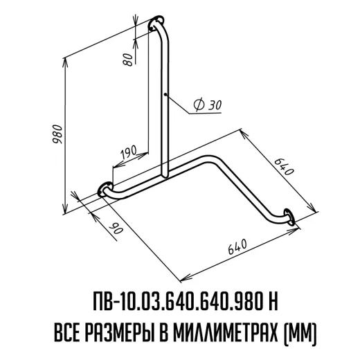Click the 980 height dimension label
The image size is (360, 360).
click(x=57, y=134)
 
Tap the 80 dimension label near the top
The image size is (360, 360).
click(x=129, y=60)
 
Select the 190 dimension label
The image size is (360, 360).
click(x=129, y=152)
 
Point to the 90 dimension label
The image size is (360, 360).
click(x=117, y=228)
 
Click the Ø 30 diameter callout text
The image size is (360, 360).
click(x=208, y=105)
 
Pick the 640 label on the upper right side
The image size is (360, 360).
click(x=285, y=167)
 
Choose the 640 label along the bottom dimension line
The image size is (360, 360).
click(x=237, y=246)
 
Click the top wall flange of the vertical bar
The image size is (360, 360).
click(x=156, y=22)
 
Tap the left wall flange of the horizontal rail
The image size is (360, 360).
click(x=105, y=189)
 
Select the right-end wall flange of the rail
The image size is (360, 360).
click(x=289, y=217)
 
